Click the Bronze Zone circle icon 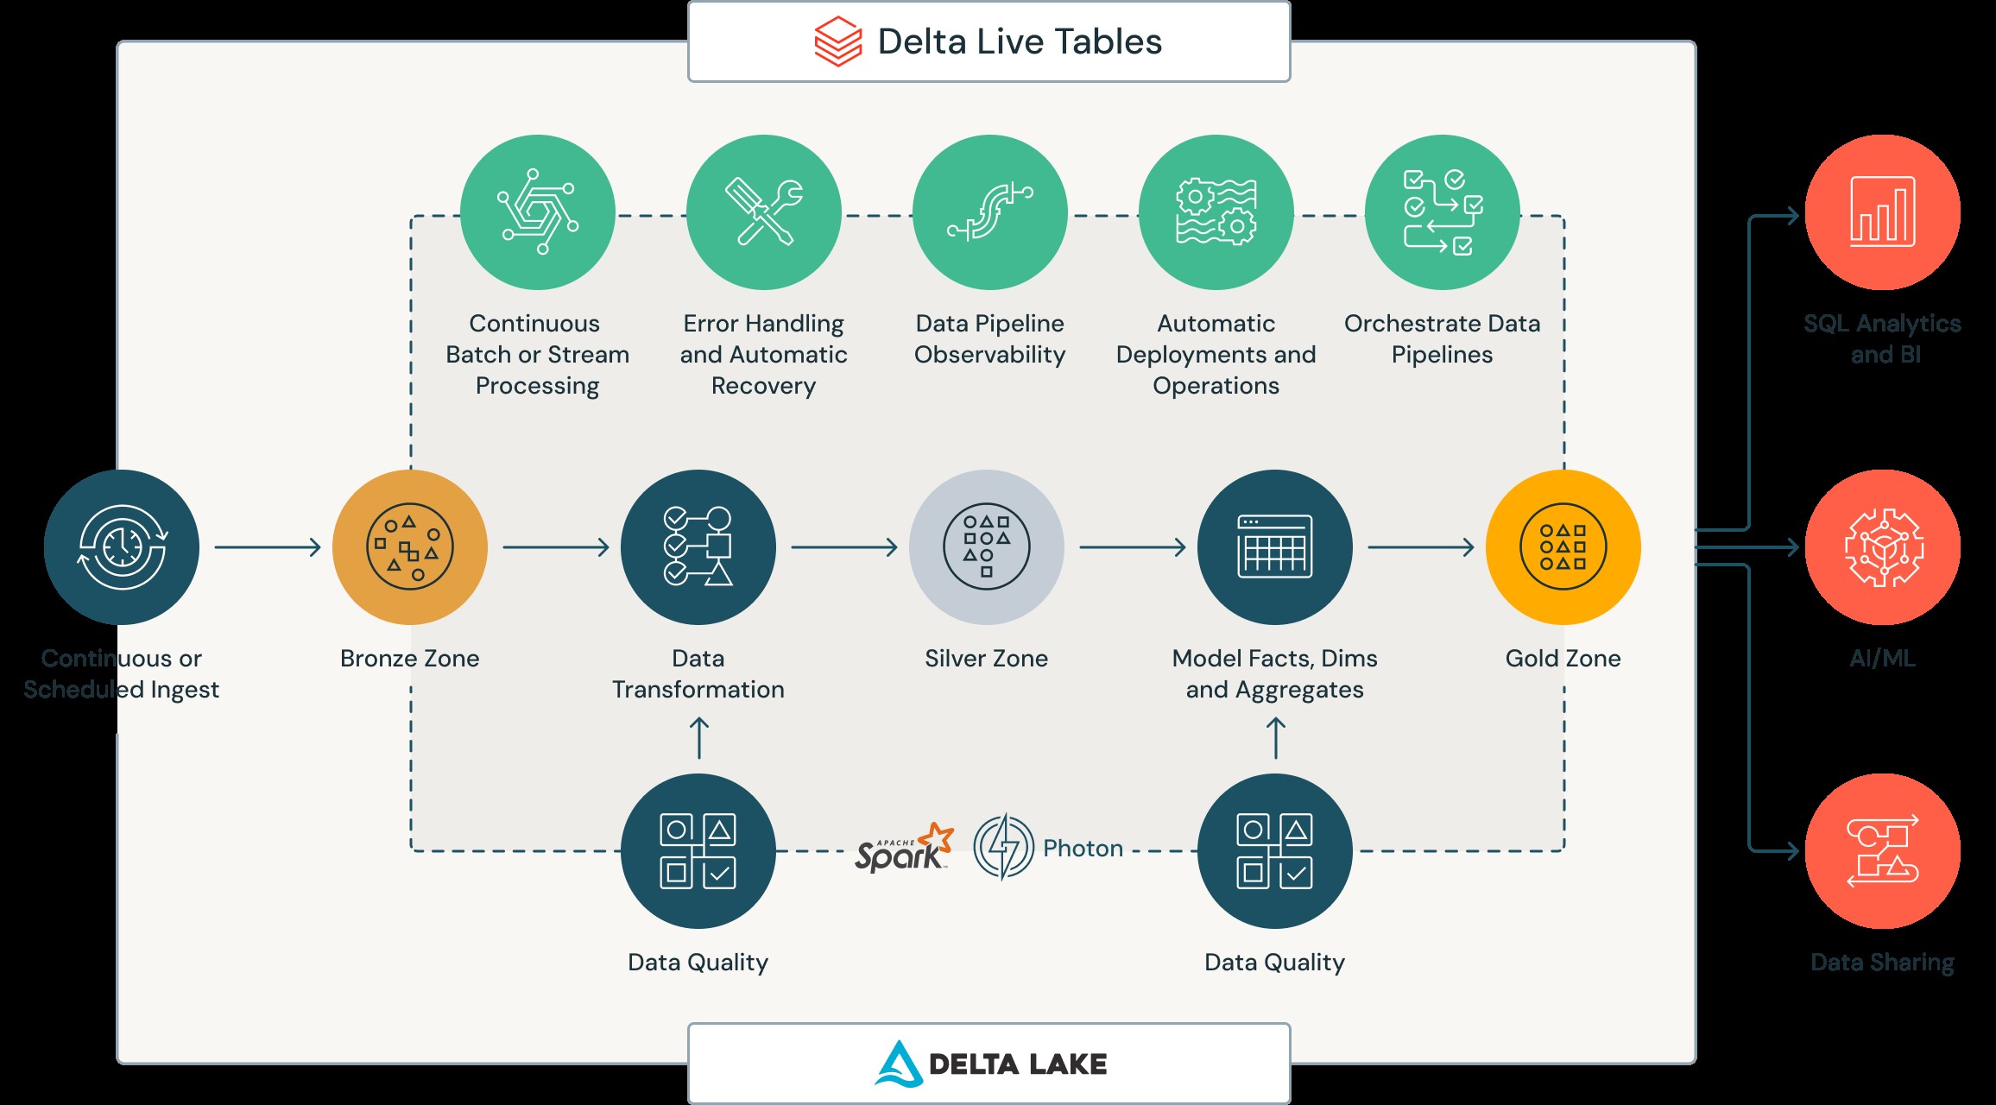click(410, 547)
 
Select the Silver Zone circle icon click(987, 547)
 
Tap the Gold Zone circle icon click(1563, 547)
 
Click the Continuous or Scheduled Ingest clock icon click(122, 547)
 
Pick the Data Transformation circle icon click(698, 547)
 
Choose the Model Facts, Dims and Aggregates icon click(1275, 547)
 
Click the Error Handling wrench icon click(764, 212)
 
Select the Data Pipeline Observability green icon click(990, 212)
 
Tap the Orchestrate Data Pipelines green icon click(1443, 212)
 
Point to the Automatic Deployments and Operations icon click(1216, 212)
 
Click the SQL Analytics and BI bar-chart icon click(1883, 212)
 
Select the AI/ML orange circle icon click(1883, 547)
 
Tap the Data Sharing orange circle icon click(1883, 851)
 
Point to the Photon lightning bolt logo click(1003, 847)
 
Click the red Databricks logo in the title click(838, 41)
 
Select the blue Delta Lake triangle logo click(899, 1064)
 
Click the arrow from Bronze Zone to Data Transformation click(555, 547)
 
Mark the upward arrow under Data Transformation click(699, 739)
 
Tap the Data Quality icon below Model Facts click(1275, 851)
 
